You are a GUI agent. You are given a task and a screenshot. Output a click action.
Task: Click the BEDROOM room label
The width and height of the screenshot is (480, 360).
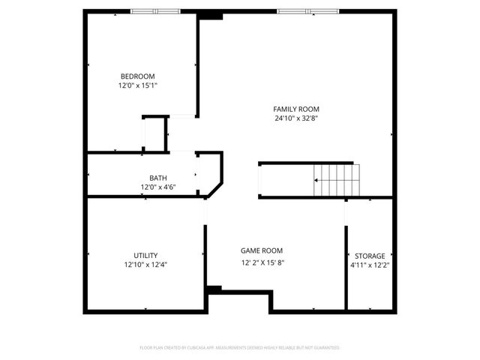point(137,76)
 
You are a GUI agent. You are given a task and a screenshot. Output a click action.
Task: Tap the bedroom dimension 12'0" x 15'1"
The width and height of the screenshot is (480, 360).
point(137,85)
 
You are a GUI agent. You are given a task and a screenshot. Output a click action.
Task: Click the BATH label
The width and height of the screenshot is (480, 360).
point(158,178)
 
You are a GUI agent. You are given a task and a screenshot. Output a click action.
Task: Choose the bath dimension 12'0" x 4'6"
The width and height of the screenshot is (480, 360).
point(158,187)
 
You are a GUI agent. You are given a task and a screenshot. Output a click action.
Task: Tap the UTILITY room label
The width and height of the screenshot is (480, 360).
point(145,255)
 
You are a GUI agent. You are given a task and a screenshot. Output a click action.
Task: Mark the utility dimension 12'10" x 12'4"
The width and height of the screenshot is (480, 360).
point(145,265)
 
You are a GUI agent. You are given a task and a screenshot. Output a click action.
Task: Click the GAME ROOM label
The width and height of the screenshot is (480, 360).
point(262,250)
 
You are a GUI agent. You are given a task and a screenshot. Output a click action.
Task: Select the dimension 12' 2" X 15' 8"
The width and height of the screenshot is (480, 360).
point(262,262)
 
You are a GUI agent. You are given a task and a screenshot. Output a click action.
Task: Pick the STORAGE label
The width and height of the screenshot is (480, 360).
point(370,256)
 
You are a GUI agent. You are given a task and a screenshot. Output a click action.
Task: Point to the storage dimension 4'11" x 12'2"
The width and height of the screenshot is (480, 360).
point(370,265)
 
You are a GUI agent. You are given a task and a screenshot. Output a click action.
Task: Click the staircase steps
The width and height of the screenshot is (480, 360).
point(335,180)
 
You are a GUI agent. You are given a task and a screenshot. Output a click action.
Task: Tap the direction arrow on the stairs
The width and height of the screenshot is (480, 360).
point(318,181)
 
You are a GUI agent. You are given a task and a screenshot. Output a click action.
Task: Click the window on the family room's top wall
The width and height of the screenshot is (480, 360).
point(307,11)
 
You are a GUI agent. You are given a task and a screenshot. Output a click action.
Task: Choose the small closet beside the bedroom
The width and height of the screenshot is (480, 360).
point(154,134)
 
